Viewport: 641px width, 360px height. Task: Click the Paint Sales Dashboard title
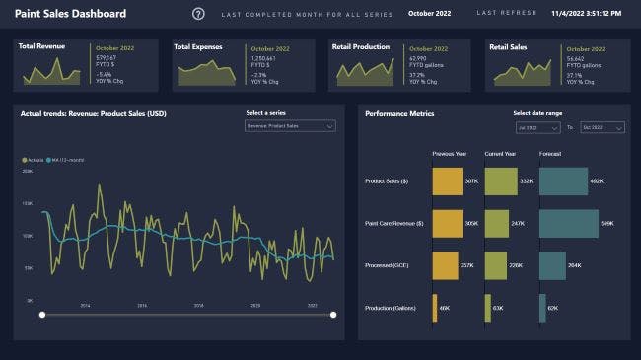70,14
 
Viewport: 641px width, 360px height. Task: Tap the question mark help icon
198,14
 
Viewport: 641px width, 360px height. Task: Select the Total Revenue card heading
40,46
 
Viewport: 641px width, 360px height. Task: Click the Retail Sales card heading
509,46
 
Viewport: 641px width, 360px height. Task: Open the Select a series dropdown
290,126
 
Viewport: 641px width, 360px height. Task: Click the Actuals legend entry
34,159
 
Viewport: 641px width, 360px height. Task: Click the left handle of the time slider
41,315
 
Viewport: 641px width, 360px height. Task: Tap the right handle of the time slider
333,315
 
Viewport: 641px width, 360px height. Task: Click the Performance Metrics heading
399,113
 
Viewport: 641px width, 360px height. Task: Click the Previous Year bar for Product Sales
447,181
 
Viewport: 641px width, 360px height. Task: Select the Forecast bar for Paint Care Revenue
568,224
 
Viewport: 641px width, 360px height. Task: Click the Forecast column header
550,153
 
